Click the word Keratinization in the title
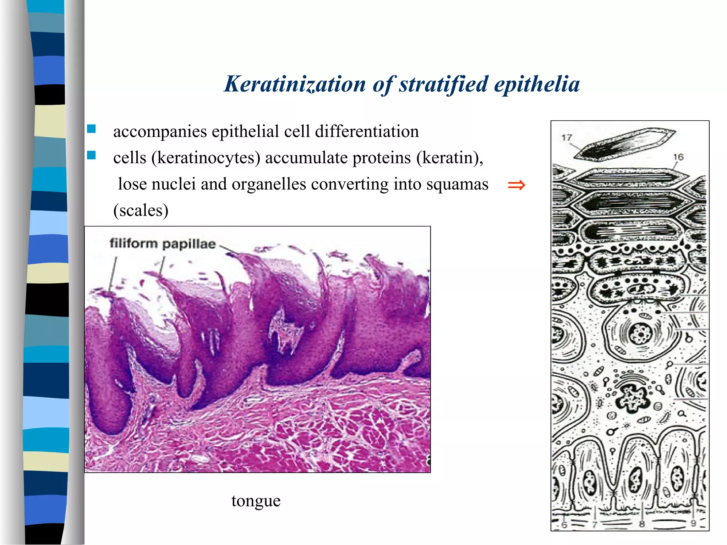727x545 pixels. [295, 84]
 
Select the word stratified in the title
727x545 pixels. [443, 84]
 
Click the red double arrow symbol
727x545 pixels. [516, 185]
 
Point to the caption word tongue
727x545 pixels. [256, 501]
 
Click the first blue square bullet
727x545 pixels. [92, 129]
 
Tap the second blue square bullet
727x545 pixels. [92, 155]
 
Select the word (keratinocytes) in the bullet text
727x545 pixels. [206, 158]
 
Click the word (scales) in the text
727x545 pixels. [141, 210]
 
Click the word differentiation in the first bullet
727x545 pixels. [367, 132]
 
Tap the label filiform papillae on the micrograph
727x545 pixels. [163, 244]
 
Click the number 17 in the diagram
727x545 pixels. [567, 138]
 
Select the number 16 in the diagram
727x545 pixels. [678, 157]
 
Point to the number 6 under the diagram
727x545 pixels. [564, 524]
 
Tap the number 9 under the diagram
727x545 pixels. [693, 523]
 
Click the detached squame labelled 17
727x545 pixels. [625, 144]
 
